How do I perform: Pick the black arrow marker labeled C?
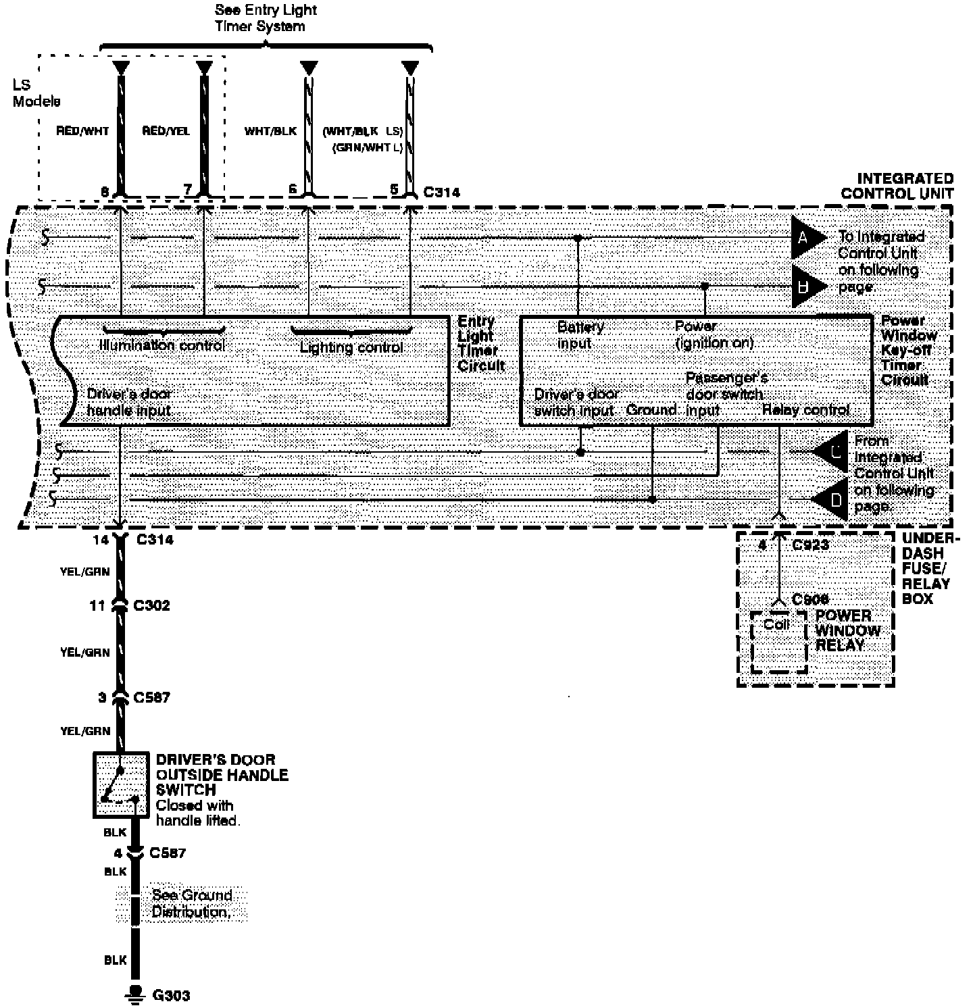(832, 451)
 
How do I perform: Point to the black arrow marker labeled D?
(832, 500)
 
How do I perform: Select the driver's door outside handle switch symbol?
(120, 784)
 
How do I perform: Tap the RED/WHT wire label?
(82, 131)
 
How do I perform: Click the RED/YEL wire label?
(166, 131)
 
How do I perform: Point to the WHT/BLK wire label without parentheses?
(270, 131)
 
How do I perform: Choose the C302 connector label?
(151, 605)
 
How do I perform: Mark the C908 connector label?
(809, 599)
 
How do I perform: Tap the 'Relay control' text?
(805, 409)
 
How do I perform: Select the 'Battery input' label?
(580, 334)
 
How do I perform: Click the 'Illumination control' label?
(162, 345)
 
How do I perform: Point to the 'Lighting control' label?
(351, 348)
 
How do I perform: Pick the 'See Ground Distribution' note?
(192, 903)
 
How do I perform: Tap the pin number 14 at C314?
(101, 540)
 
